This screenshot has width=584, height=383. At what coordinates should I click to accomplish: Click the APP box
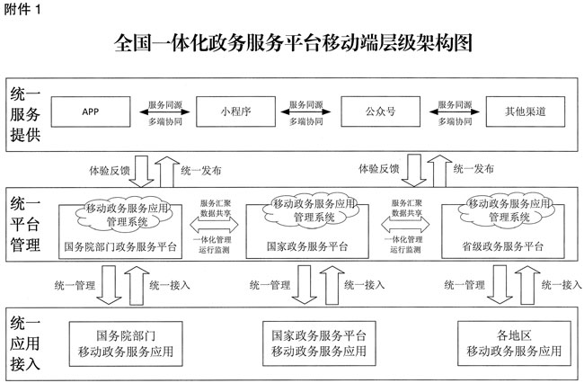90,112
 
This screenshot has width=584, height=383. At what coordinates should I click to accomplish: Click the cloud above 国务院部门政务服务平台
127,210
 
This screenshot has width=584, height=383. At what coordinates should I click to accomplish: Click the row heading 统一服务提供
25,112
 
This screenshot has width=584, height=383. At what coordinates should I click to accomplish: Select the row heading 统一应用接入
25,342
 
